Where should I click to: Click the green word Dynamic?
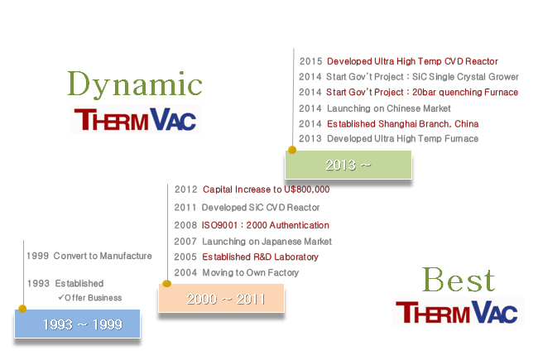(134, 84)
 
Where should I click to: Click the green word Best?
(459, 280)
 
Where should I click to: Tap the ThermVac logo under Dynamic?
(136, 119)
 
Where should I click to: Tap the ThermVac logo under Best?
(457, 312)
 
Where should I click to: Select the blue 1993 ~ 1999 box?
(77, 324)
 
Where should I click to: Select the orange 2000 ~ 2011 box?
(221, 299)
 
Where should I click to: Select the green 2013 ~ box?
(348, 165)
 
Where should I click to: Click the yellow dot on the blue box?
(22, 309)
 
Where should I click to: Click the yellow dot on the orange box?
(166, 283)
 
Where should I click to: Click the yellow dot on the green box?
(292, 150)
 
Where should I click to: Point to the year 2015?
(310, 61)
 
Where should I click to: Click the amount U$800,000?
(307, 190)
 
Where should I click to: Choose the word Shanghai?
(397, 124)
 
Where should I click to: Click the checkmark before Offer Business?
(61, 297)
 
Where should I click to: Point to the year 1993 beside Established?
(38, 284)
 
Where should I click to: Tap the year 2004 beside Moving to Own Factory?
(185, 272)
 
